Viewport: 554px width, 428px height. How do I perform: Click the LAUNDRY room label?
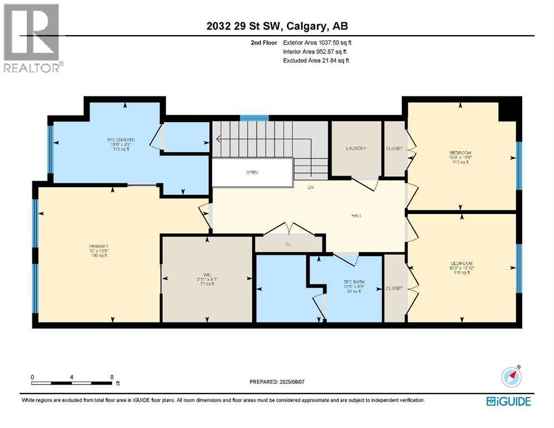pyautogui.click(x=356, y=148)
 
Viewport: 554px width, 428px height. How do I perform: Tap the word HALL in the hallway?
pyautogui.click(x=357, y=216)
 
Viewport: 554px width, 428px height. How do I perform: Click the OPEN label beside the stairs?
pyautogui.click(x=253, y=172)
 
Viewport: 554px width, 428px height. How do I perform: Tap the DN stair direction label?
pyautogui.click(x=311, y=187)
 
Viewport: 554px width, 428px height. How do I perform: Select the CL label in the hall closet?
pyautogui.click(x=288, y=244)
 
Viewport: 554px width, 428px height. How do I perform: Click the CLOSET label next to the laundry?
pyautogui.click(x=394, y=149)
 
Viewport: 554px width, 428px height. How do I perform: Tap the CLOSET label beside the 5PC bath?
pyautogui.click(x=394, y=289)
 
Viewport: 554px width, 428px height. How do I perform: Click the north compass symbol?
pyautogui.click(x=511, y=377)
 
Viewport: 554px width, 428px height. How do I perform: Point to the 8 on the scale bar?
pyautogui.click(x=112, y=377)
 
